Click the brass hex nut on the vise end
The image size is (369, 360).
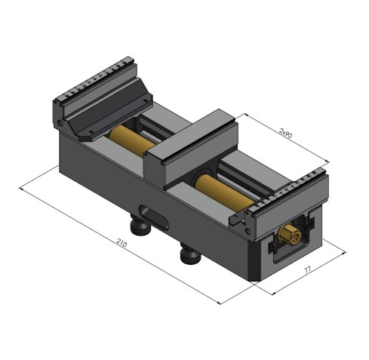(289, 235)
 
